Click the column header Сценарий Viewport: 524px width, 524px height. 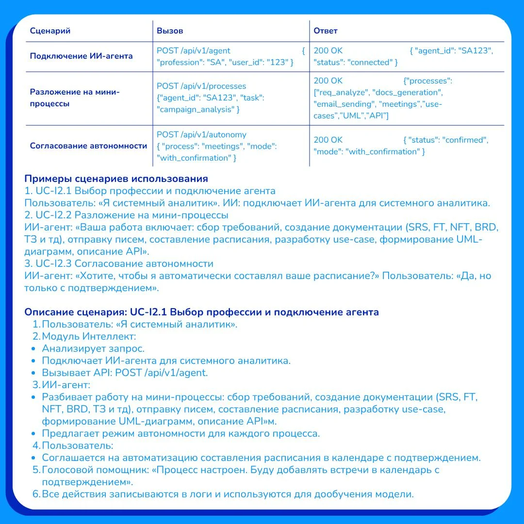click(x=50, y=31)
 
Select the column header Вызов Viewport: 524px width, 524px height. click(x=170, y=31)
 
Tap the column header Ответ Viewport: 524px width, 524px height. click(x=326, y=31)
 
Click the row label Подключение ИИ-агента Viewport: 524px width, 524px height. click(x=81, y=56)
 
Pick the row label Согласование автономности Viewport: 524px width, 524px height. click(x=88, y=146)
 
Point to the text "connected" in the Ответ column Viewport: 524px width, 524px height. click(x=370, y=63)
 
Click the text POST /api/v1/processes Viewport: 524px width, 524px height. click(x=201, y=86)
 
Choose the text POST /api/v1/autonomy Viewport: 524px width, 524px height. click(x=201, y=134)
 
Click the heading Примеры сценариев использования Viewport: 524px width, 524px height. click(x=116, y=179)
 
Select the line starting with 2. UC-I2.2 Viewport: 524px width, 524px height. click(x=126, y=215)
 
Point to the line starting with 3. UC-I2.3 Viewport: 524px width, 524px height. click(x=119, y=263)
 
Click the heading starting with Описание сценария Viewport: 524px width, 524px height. click(x=201, y=312)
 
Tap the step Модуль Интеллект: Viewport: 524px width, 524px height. click(x=89, y=336)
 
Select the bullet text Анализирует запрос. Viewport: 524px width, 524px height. click(x=93, y=348)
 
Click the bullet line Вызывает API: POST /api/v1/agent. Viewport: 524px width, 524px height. click(x=125, y=373)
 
